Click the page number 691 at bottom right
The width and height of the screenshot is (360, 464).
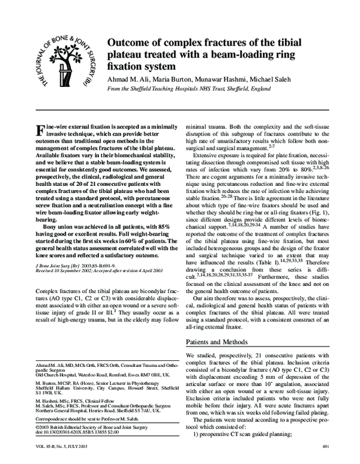(x=326, y=447)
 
